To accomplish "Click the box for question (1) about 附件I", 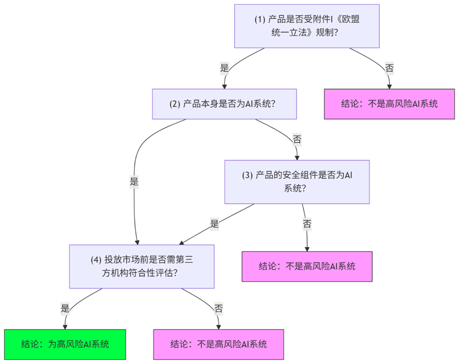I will (x=307, y=26).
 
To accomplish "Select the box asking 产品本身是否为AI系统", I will (x=224, y=103).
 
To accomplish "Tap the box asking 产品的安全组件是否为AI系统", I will (x=297, y=181).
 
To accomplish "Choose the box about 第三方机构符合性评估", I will (x=142, y=266).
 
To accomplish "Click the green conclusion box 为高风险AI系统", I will (x=65, y=344).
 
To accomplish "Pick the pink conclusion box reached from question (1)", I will (x=389, y=103).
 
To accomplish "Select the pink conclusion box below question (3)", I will (x=307, y=266).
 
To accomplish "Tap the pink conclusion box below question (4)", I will (x=219, y=344).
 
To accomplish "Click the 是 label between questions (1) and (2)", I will (x=224, y=67).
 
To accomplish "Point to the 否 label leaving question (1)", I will (x=389, y=67).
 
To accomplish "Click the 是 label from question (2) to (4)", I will (x=134, y=181).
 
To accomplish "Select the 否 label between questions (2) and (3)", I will (x=297, y=140).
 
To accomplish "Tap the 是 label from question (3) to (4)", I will (x=214, y=223).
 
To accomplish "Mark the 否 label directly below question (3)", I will (x=307, y=223).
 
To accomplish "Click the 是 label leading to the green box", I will (x=65, y=308).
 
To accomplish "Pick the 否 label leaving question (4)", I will (x=219, y=308).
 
